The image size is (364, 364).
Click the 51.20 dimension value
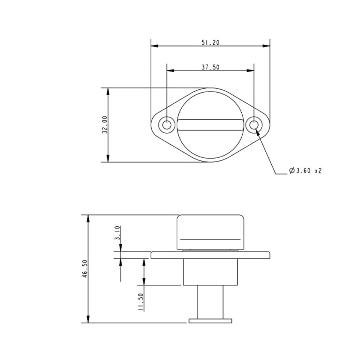pyautogui.click(x=210, y=43)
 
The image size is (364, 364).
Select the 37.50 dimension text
pyautogui.click(x=210, y=67)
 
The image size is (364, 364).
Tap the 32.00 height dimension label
pyautogui.click(x=104, y=125)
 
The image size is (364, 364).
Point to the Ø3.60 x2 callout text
pyautogui.click(x=305, y=171)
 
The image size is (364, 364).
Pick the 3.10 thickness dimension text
pyautogui.click(x=117, y=234)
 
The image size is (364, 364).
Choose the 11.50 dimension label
pyautogui.click(x=142, y=302)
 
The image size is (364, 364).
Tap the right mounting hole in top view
pyautogui.click(x=254, y=124)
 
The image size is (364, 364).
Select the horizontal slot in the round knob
pyautogui.click(x=210, y=124)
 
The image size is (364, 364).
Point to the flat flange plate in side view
pyautogui.click(x=210, y=255)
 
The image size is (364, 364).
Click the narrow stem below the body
pyautogui.click(x=210, y=302)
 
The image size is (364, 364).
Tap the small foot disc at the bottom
pyautogui.click(x=210, y=321)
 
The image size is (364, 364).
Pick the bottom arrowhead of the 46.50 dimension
pyautogui.click(x=88, y=320)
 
